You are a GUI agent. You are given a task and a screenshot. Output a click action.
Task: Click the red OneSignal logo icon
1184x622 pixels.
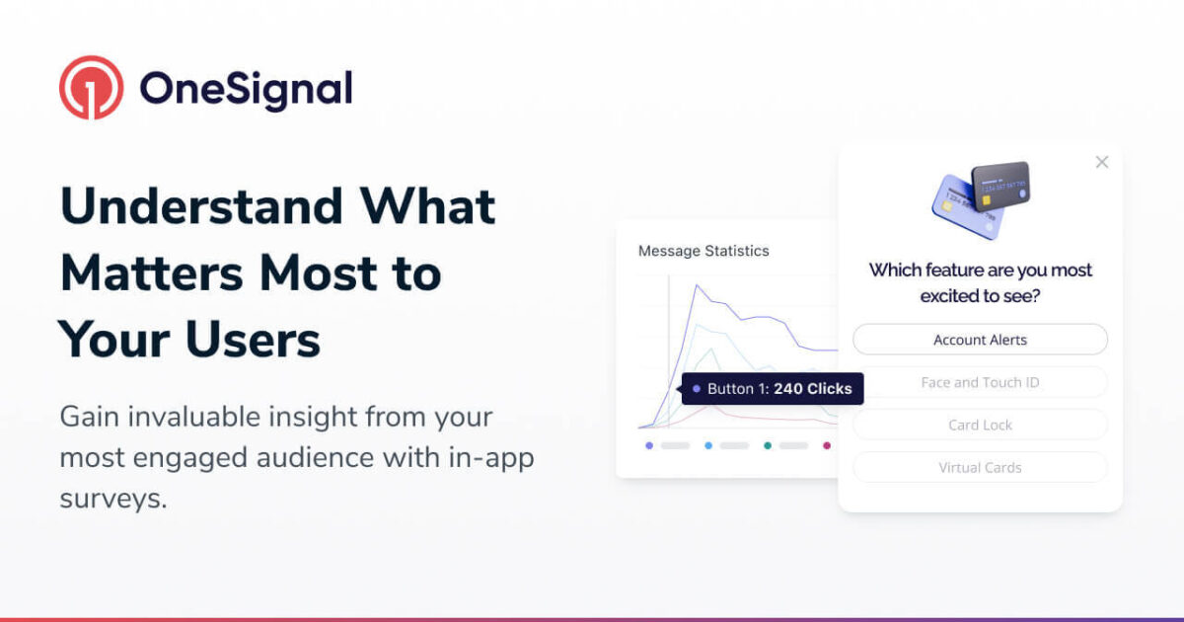92,88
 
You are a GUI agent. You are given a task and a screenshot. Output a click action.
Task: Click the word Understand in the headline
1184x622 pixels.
201,206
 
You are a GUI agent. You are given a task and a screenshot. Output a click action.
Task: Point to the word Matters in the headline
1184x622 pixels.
152,273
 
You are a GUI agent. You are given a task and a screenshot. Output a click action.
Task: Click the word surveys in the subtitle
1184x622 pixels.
113,499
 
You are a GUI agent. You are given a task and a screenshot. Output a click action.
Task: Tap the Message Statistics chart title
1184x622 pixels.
703,251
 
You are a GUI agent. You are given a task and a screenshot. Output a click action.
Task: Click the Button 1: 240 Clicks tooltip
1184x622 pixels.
773,389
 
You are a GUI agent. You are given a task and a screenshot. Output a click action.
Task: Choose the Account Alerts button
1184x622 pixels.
980,340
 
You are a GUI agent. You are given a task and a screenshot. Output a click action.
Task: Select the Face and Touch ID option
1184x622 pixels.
980,382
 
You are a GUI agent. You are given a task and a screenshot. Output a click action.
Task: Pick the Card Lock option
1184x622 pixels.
980,425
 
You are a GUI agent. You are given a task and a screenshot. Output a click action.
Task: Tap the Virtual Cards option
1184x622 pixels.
980,468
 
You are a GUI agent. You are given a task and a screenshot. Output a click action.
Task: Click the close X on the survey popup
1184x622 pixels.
1102,162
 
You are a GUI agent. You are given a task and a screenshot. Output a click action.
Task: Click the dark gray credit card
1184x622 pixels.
1001,187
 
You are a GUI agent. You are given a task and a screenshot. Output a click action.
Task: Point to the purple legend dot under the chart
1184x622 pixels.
649,446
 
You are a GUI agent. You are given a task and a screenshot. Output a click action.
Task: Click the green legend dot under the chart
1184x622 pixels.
768,446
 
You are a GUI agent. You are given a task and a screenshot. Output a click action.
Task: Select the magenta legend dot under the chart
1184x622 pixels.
827,446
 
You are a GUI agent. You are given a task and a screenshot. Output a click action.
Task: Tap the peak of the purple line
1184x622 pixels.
697,285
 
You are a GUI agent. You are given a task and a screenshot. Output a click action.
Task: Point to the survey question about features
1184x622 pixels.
980,282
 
